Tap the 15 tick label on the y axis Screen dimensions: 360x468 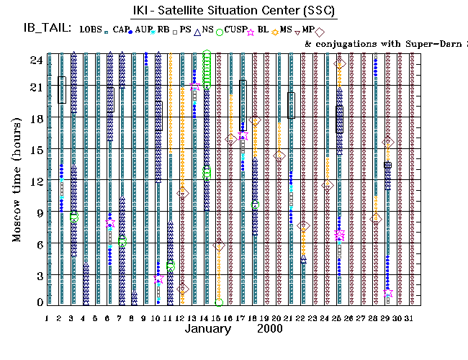(35, 150)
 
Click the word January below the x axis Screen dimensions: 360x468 (208, 328)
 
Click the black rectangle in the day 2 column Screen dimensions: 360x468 (62, 90)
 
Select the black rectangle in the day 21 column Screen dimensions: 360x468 (291, 105)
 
